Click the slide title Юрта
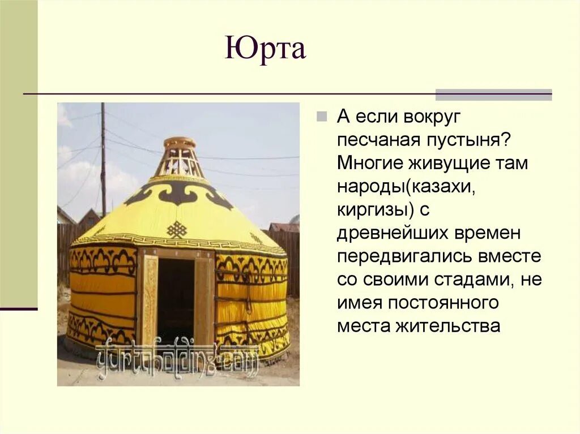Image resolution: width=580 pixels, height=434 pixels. coord(265,48)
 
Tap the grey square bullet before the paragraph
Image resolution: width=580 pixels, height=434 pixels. coord(321,117)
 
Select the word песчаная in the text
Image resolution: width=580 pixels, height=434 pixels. coord(373,140)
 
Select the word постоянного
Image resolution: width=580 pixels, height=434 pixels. coord(443,302)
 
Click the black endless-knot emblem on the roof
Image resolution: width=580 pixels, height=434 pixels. coord(177,229)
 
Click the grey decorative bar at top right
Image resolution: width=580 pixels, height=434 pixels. coord(493,94)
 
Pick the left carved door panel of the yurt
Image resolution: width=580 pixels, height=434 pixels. coord(150,300)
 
